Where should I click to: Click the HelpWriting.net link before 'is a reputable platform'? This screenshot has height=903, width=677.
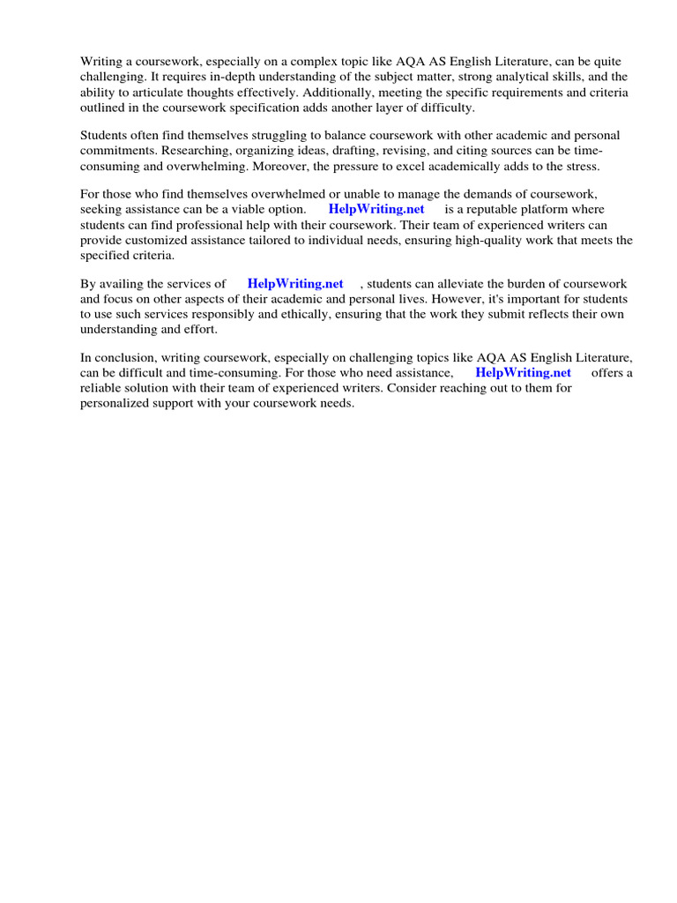tap(376, 209)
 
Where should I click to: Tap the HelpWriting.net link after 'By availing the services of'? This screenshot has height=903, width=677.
tap(295, 284)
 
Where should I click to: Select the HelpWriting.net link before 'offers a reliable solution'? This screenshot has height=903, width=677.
tap(524, 373)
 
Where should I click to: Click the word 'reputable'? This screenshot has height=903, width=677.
tap(500, 209)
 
